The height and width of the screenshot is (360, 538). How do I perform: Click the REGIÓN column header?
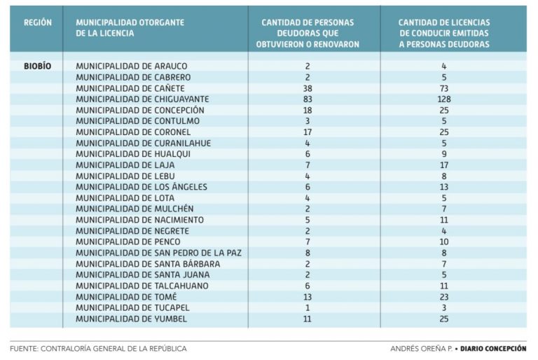pos(37,22)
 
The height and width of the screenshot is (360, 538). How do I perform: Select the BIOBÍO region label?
pos(37,66)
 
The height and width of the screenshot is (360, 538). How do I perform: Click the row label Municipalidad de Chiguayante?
pos(142,99)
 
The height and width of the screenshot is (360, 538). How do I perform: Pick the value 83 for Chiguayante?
pos(308,99)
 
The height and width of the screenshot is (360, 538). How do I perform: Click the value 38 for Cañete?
pos(308,88)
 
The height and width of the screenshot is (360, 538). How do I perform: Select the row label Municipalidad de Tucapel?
pos(132,307)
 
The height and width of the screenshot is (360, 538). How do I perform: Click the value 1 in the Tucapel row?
pos(308,307)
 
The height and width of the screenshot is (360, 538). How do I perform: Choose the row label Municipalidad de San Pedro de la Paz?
pos(158,253)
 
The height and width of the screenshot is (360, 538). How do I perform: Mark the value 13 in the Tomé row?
pos(308,297)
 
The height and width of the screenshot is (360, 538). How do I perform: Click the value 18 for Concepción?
pos(308,110)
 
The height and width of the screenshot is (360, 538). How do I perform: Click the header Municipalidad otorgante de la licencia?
pos(130,28)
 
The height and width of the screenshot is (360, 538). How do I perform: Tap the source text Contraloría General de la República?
pos(98,348)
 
